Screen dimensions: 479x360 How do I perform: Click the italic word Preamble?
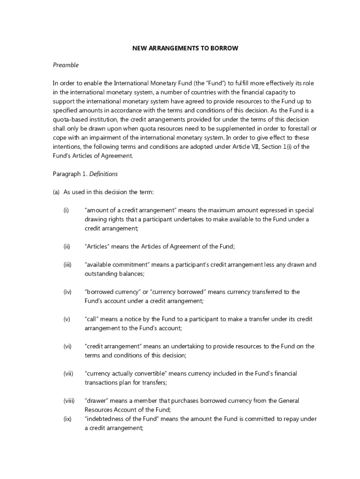coord(65,65)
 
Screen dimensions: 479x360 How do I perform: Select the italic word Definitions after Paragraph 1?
coord(103,174)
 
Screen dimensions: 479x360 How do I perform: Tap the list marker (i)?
coord(66,210)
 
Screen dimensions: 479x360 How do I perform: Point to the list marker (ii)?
coord(67,247)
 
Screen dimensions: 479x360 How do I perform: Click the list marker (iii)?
coord(67,265)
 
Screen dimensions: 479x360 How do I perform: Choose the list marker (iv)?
coord(67,292)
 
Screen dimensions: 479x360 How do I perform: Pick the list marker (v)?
coord(67,319)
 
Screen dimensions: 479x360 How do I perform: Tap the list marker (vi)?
coord(67,346)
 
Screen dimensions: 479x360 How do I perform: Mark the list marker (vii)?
coord(68,373)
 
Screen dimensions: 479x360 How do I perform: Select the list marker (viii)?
coord(69,401)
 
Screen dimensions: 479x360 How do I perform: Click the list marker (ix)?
coord(67,419)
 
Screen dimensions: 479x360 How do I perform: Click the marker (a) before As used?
coord(56,192)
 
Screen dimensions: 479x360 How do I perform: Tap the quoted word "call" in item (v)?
coord(92,319)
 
